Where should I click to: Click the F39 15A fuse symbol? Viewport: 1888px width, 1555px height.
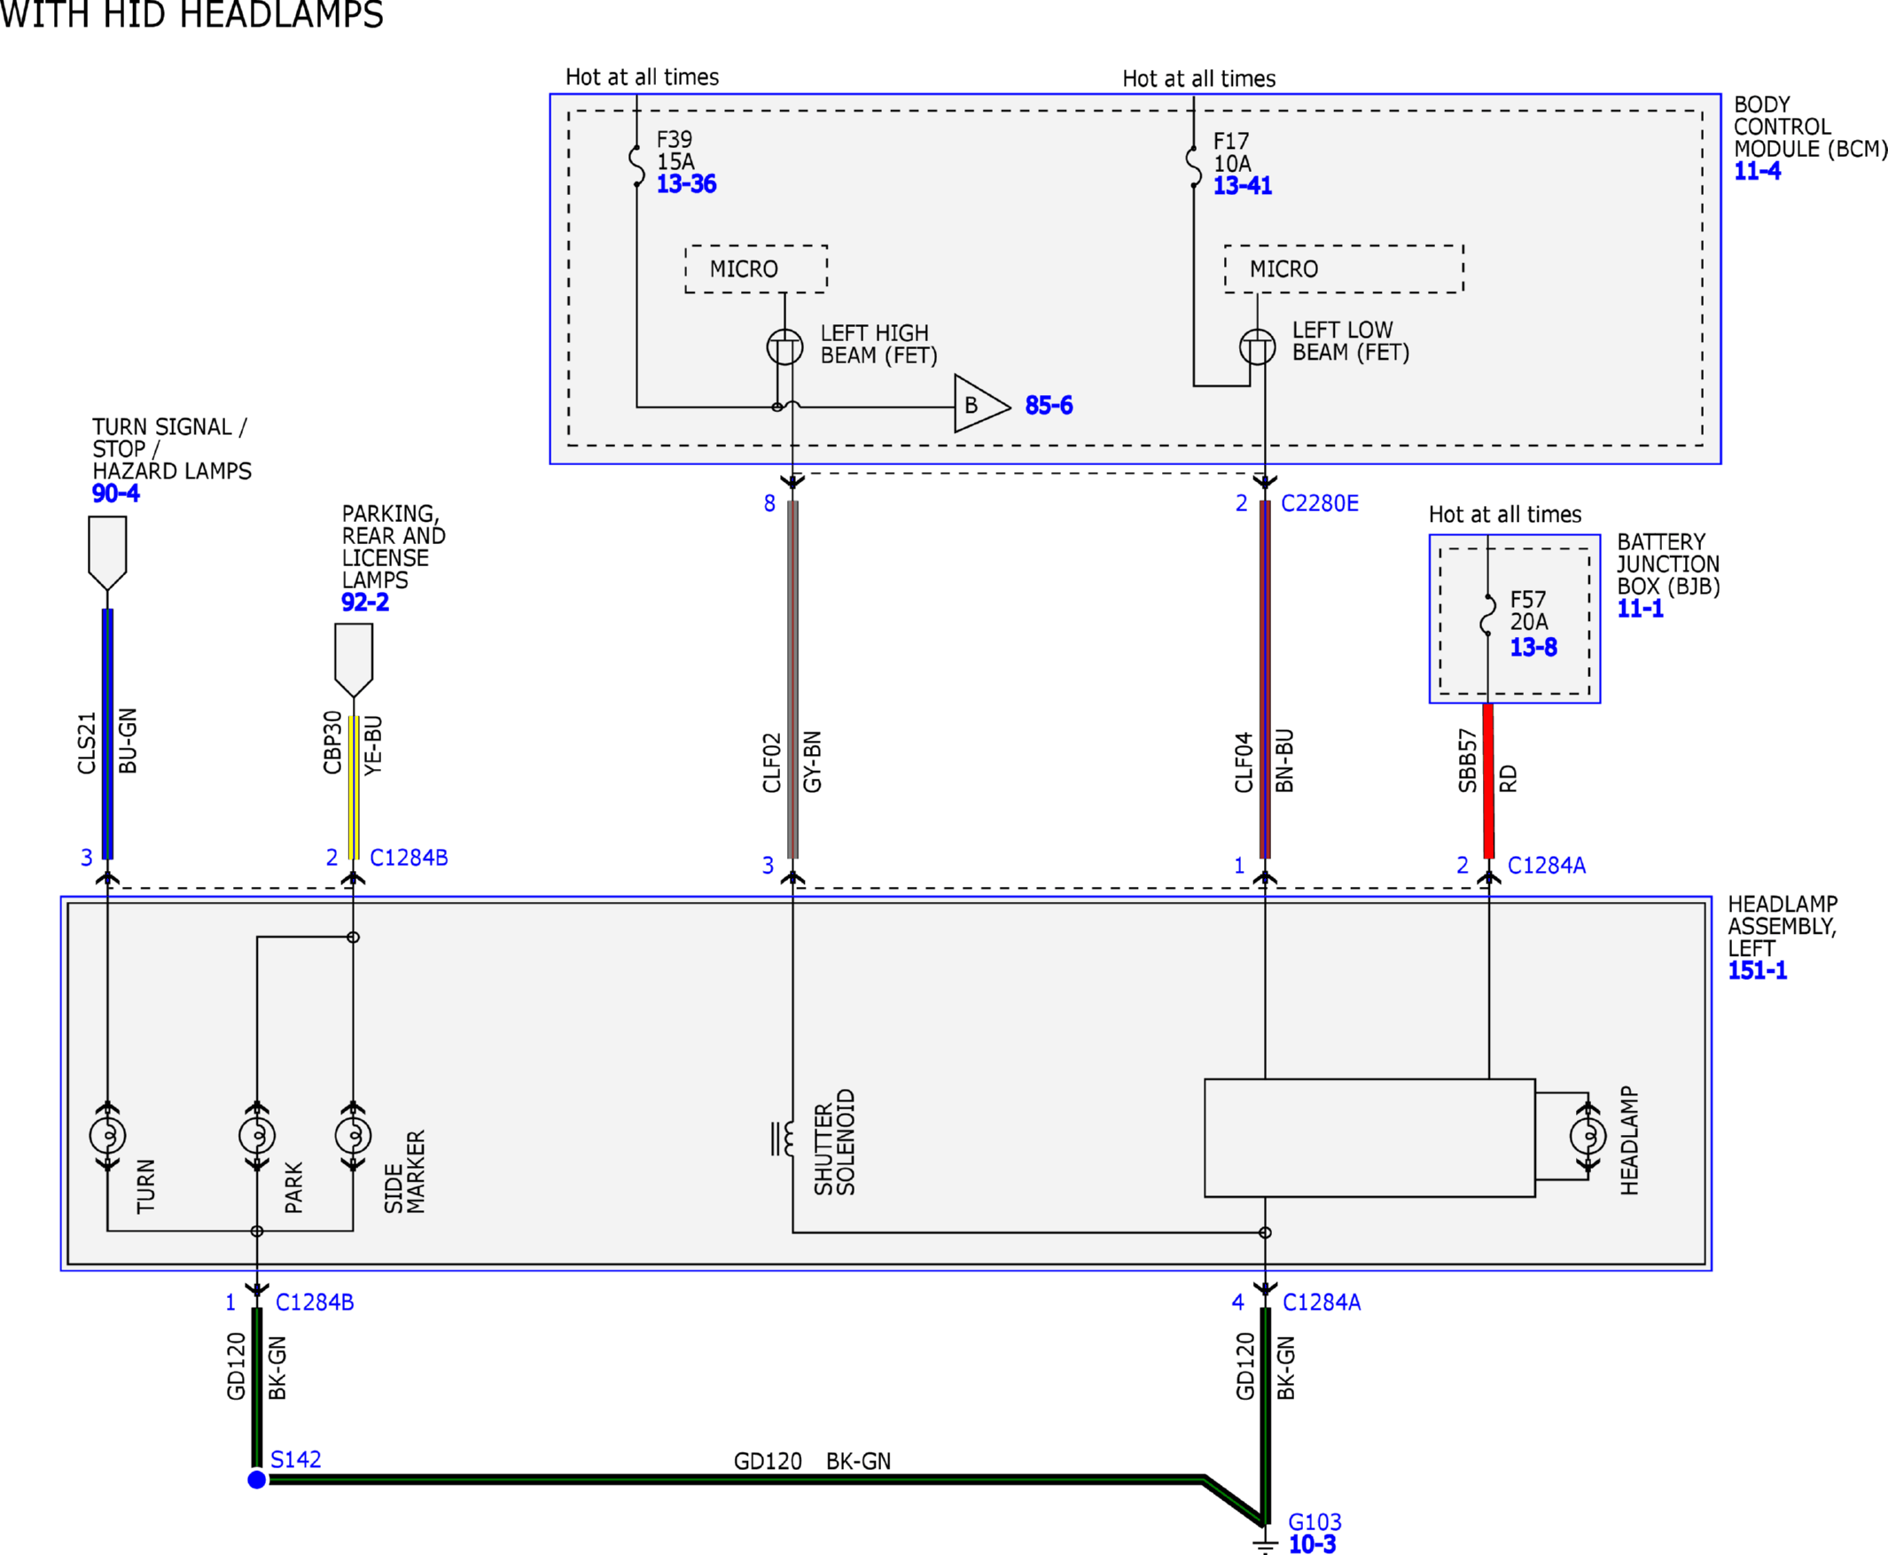637,166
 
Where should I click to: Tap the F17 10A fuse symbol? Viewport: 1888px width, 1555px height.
1194,167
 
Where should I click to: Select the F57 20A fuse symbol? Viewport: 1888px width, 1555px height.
1487,615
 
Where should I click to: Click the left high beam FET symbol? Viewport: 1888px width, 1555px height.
785,347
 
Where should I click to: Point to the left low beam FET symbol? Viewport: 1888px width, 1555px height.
1257,346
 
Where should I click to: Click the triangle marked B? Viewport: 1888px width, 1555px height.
982,404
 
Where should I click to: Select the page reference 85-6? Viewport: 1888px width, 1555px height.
1049,406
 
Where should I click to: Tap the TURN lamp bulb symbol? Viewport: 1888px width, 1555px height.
107,1136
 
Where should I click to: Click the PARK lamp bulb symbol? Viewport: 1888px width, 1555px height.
257,1136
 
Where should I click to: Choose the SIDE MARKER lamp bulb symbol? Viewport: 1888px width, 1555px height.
353,1136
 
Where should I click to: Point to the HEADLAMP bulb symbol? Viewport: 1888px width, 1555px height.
1588,1136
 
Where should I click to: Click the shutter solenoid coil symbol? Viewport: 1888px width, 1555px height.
783,1139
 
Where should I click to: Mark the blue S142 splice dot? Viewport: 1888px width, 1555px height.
257,1480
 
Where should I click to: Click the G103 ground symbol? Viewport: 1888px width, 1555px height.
1264,1543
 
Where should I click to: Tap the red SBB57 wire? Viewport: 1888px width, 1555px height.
1488,781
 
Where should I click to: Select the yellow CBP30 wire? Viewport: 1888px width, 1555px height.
353,789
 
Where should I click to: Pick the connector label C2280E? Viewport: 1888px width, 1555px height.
1319,503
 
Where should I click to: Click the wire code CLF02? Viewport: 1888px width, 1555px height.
771,763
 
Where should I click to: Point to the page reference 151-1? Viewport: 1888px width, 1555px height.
1757,971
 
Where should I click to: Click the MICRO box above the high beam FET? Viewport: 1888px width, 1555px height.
756,268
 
